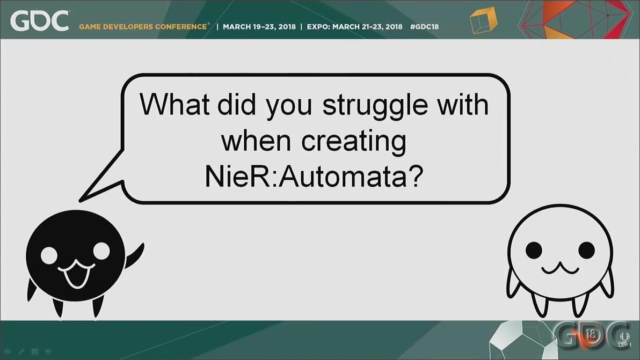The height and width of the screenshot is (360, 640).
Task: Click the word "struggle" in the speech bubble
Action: coord(375,107)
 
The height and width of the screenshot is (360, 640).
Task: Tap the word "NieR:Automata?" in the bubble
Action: coord(314,177)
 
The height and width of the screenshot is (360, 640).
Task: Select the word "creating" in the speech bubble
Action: coord(354,142)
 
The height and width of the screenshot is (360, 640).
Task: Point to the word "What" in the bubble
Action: coord(174,104)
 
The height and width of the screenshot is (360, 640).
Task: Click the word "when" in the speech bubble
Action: coord(256,141)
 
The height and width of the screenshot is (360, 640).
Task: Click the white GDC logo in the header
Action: coord(40,21)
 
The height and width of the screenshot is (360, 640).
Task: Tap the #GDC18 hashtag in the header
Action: coord(425,26)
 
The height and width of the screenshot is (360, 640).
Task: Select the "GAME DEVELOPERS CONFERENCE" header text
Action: coord(143,26)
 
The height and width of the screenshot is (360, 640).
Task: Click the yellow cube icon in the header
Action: coord(483,20)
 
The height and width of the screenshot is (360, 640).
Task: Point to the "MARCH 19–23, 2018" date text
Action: coord(259,26)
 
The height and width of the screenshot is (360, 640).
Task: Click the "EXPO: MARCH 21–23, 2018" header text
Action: coord(355,26)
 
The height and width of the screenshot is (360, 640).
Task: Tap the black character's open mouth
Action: coord(77,274)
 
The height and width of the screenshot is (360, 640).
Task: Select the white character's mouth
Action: coord(560,268)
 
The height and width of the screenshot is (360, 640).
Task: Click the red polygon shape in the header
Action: coord(576,19)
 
